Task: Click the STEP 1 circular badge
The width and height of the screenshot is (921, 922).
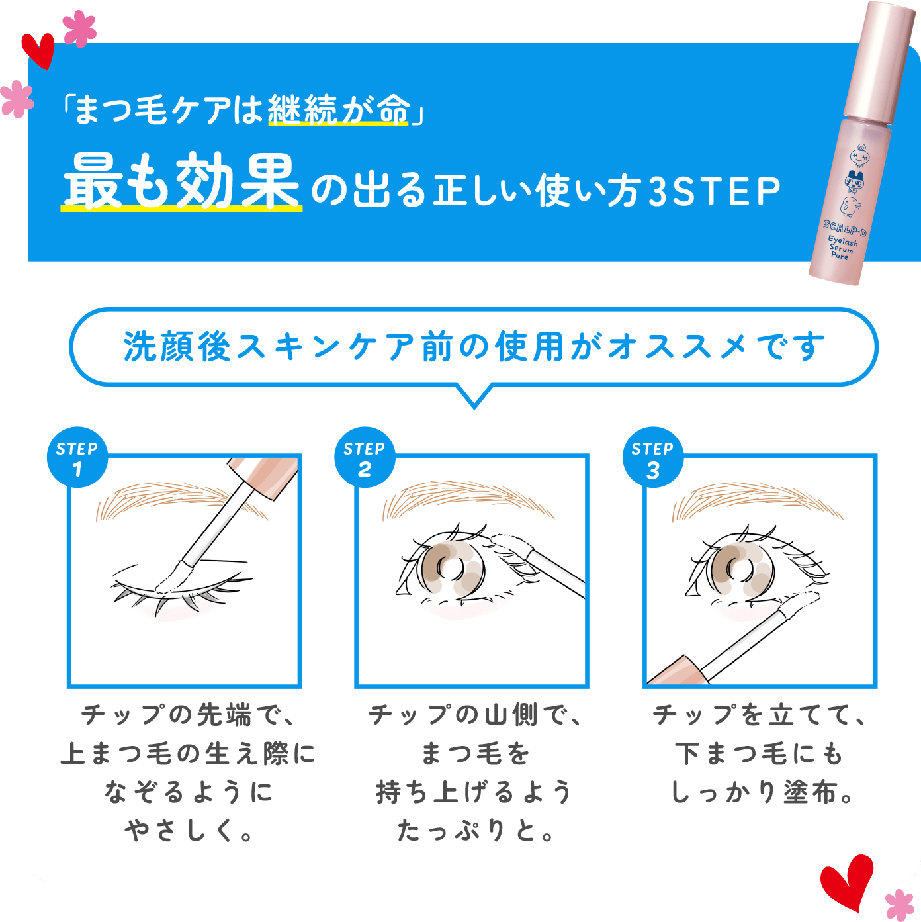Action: coord(77,457)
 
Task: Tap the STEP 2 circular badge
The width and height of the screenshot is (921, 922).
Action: coord(365,457)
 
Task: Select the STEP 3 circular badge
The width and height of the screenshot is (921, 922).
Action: coord(652,457)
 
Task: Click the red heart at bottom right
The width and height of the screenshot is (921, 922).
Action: coord(846,881)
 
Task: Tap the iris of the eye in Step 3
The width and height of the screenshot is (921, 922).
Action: coord(738,568)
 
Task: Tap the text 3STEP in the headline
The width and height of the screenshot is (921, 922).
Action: coord(715,192)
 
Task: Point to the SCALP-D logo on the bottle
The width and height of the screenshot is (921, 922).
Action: coord(845,229)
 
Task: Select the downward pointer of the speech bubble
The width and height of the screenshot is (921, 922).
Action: coord(474,396)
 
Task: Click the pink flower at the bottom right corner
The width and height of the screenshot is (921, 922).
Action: coord(899,904)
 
